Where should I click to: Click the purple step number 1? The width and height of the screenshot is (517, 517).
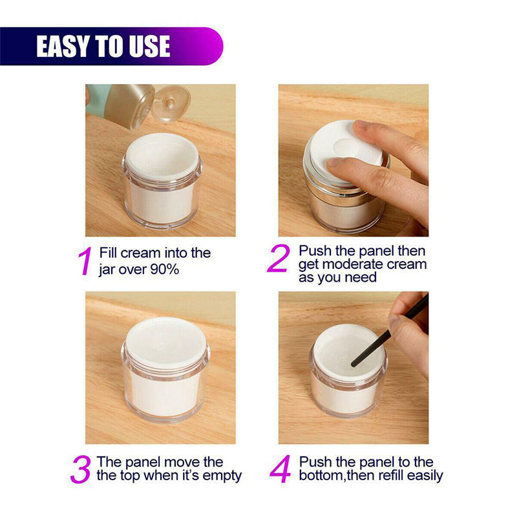tap(85, 261)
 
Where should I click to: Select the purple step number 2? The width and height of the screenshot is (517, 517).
tap(279, 258)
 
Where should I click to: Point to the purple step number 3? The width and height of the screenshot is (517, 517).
tap(80, 469)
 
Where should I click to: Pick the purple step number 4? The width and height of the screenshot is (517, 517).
tap(280, 469)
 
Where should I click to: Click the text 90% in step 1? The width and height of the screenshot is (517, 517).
tap(165, 269)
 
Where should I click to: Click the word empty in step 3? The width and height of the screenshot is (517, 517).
tap(222, 476)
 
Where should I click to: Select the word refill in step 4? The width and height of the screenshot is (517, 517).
tap(392, 476)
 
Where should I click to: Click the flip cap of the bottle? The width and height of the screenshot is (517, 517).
tap(172, 103)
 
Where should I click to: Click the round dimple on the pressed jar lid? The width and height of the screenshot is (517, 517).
tap(346, 147)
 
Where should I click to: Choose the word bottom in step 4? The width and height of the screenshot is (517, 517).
tap(321, 476)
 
